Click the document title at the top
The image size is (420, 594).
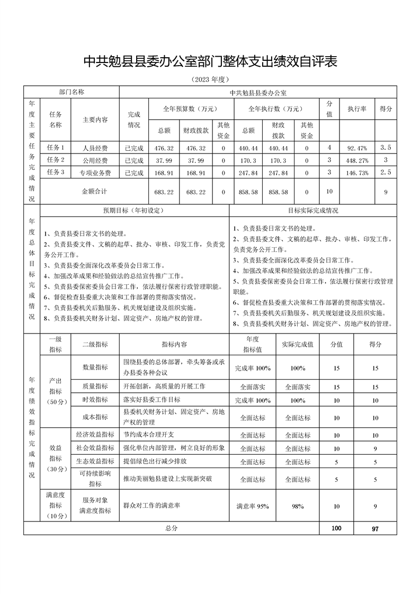(210, 62)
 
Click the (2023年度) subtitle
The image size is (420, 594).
(210, 79)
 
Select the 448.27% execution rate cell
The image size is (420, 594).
(358, 160)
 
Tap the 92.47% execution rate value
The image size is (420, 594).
(358, 148)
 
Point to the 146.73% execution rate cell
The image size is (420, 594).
(358, 173)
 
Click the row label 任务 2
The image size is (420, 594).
(56, 160)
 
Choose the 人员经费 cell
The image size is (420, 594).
(95, 148)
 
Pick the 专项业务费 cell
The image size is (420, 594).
(95, 173)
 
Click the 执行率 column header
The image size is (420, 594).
(358, 109)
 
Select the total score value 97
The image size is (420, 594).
(375, 529)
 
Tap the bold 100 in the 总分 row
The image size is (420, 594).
(336, 528)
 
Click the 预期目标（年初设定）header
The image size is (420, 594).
(134, 210)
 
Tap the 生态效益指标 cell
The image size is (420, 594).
(95, 462)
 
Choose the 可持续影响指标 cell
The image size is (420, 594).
(95, 479)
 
